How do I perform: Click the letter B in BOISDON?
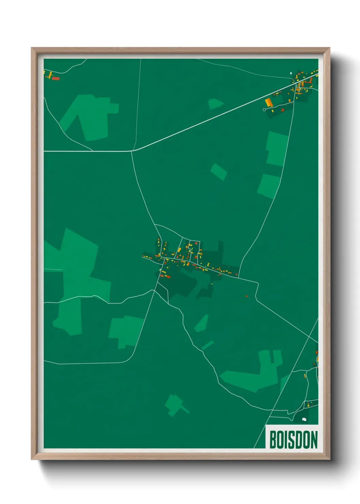tap(273, 440)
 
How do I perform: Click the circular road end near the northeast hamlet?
tap(264, 110)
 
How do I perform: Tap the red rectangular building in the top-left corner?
tap(56, 79)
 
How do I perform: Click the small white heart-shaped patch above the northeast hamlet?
tap(291, 73)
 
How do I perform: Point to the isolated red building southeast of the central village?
tap(247, 296)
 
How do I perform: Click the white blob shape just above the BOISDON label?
tap(304, 420)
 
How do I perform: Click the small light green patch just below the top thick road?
tap(215, 104)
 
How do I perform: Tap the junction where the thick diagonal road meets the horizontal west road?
tap(133, 151)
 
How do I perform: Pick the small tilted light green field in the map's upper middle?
tap(218, 171)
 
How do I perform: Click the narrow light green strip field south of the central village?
tap(208, 345)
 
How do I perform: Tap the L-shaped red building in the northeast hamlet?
tap(307, 82)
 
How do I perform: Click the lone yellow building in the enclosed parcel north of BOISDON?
tap(305, 376)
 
